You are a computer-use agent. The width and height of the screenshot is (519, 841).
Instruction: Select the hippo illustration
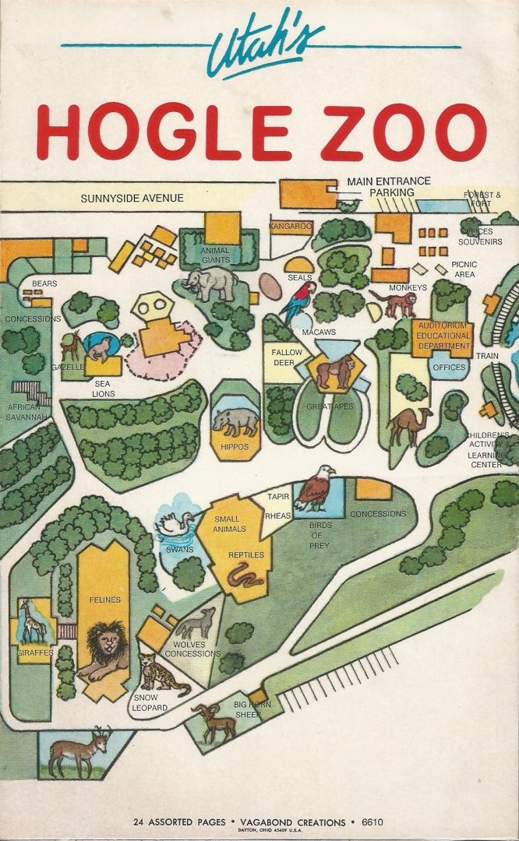[235, 422]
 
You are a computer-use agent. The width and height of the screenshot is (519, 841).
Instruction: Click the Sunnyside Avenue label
[132, 198]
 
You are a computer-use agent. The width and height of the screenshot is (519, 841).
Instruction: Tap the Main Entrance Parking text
[389, 186]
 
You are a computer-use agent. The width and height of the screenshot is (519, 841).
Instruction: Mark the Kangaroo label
[291, 226]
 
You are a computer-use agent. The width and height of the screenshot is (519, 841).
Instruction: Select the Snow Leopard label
[150, 702]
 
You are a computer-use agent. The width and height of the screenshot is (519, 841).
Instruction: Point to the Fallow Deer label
[286, 357]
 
